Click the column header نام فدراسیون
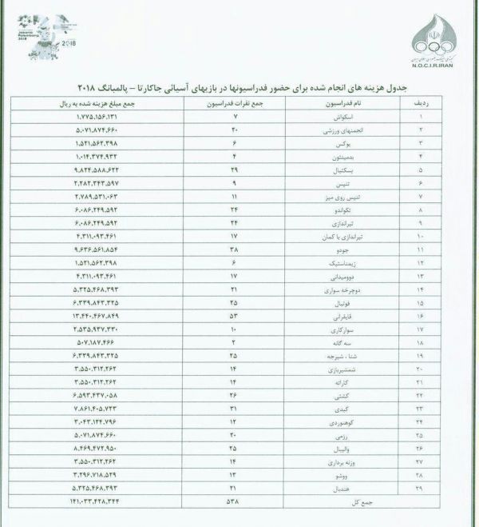[335, 105]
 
